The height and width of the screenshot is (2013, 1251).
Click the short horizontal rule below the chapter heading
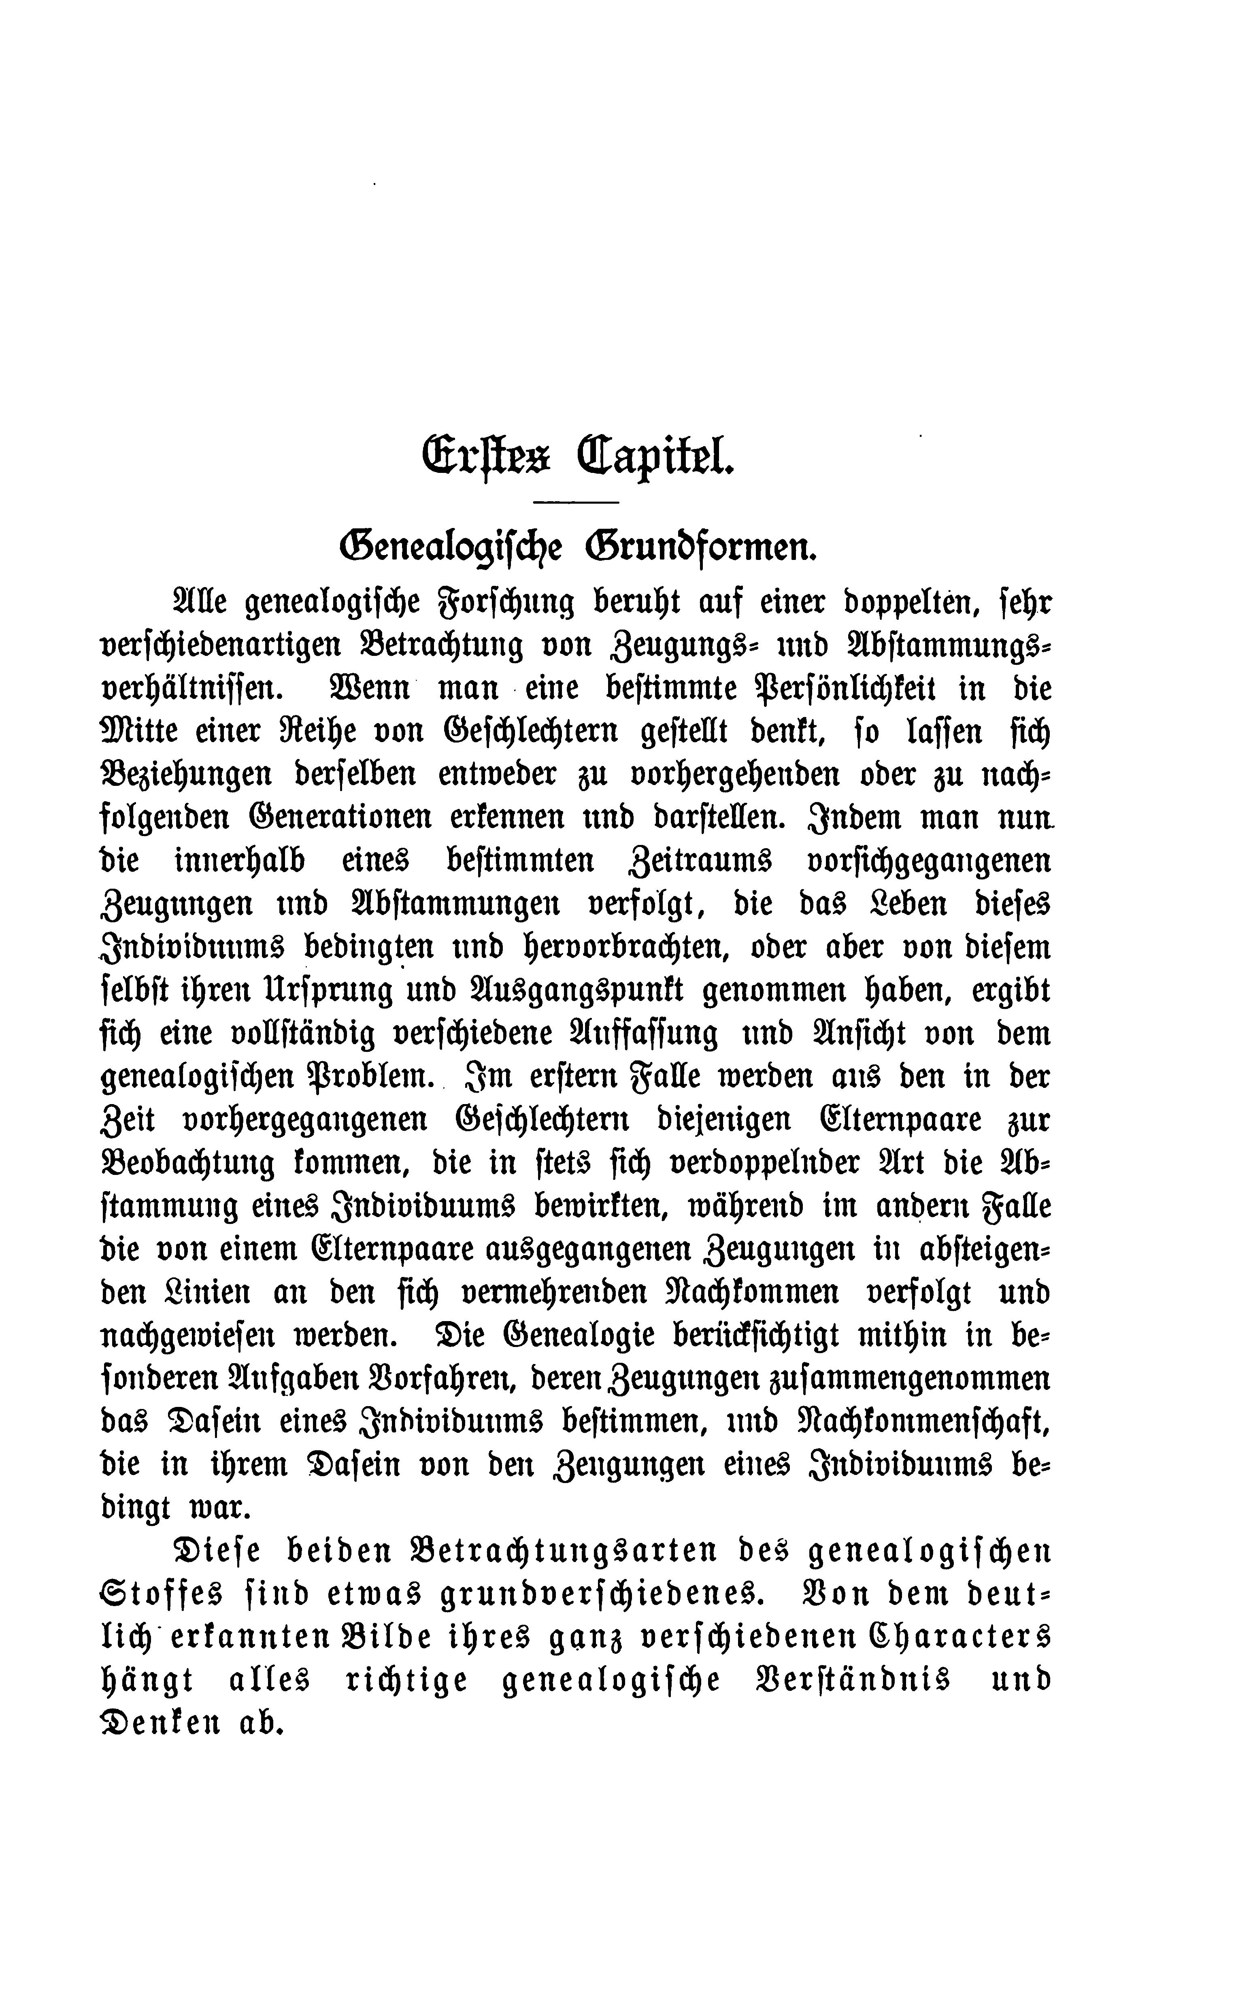[x=577, y=502]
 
